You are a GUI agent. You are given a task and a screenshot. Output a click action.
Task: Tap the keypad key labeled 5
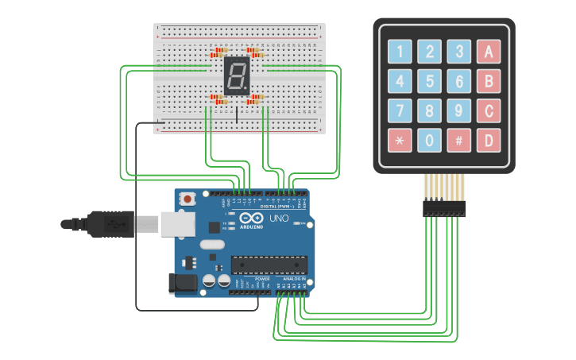pyautogui.click(x=430, y=81)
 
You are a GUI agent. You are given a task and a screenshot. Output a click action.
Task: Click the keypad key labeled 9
pyautogui.click(x=459, y=110)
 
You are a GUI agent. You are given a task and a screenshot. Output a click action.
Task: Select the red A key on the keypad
pyautogui.click(x=489, y=52)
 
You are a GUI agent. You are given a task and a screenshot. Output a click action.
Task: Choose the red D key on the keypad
pyautogui.click(x=489, y=140)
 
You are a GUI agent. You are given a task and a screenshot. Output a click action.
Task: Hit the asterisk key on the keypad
pyautogui.click(x=400, y=140)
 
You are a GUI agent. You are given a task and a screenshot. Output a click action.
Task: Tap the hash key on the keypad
pyautogui.click(x=459, y=140)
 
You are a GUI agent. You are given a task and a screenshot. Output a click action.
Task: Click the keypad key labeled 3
pyautogui.click(x=459, y=52)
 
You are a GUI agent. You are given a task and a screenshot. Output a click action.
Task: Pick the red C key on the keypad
pyautogui.click(x=489, y=110)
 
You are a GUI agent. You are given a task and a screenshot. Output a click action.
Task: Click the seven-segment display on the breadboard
pyautogui.click(x=236, y=76)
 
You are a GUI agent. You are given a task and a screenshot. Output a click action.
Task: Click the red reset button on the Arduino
pyautogui.click(x=188, y=199)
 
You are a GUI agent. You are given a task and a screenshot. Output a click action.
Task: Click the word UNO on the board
pyautogui.click(x=279, y=219)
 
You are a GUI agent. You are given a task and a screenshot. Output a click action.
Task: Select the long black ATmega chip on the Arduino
pyautogui.click(x=269, y=263)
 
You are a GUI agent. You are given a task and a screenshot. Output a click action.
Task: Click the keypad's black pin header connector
pyautogui.click(x=444, y=209)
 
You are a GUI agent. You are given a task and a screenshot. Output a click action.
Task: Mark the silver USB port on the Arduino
pyautogui.click(x=176, y=224)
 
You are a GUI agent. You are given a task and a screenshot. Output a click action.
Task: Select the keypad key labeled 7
pyautogui.click(x=400, y=110)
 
